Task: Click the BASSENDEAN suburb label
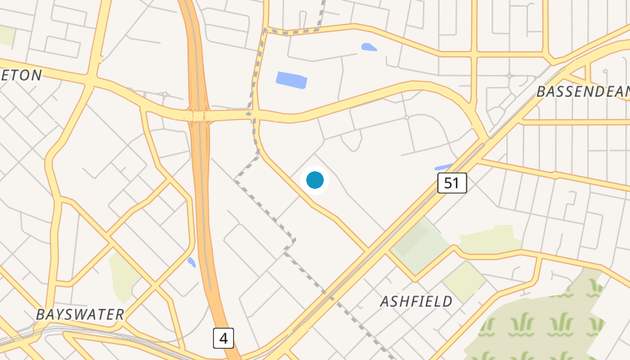[582, 91]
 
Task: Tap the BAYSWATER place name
[79, 314]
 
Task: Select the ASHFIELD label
[416, 301]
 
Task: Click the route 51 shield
[452, 182]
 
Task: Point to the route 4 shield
[223, 338]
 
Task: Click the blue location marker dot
[315, 180]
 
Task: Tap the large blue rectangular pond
[291, 79]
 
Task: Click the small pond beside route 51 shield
[443, 167]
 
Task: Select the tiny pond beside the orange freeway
[192, 262]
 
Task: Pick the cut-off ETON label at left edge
[21, 74]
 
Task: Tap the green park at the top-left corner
[7, 35]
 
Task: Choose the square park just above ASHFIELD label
[463, 280]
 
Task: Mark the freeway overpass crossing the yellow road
[199, 116]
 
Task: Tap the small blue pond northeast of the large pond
[368, 47]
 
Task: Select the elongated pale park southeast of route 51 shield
[489, 240]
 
